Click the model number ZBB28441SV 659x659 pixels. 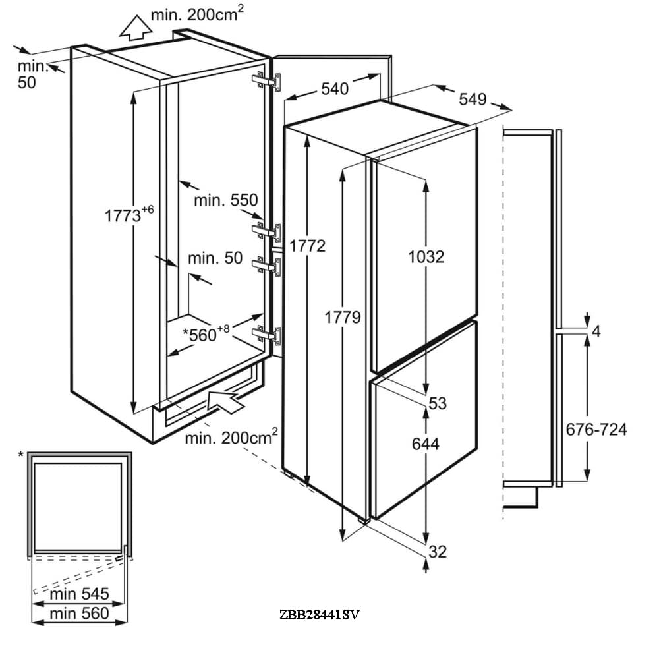pos(320,615)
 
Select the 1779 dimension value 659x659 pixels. pos(344,317)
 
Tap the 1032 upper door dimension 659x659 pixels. pos(426,256)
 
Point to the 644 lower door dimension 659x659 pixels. pos(426,444)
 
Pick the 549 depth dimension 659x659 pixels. pos(473,100)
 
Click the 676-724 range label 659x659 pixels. pos(596,430)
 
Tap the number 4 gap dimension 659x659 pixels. pos(596,331)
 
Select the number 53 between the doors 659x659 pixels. pos(438,403)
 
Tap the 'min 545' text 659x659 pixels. pos(80,594)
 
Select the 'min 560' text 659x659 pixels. pos(80,614)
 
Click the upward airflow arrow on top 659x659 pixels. pos(136,28)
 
